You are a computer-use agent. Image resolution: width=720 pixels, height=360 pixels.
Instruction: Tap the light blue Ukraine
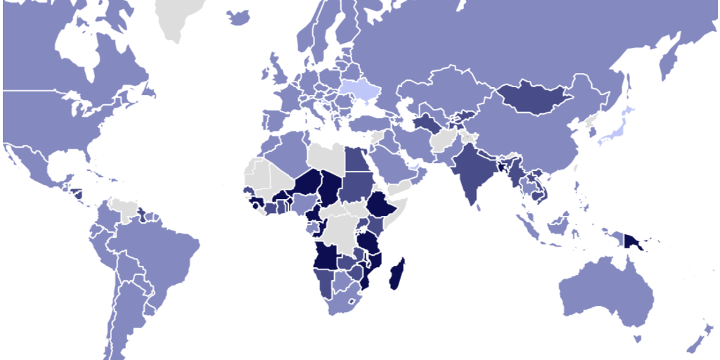(x=359, y=89)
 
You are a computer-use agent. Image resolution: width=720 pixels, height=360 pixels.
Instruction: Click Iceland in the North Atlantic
(x=239, y=17)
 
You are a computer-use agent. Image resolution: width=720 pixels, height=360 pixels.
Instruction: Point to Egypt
(x=356, y=159)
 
